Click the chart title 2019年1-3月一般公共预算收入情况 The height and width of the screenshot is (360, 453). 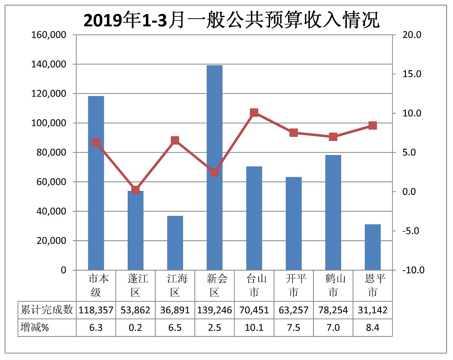[231, 20]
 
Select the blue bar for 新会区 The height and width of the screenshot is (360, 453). [214, 168]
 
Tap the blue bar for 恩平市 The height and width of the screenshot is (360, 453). [372, 247]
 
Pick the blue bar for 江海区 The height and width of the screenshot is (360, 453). [175, 243]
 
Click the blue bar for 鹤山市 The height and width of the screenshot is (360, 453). [333, 213]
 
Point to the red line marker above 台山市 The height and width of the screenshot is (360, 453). [254, 113]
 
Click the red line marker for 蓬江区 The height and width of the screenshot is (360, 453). [135, 190]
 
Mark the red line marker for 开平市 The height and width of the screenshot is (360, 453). [294, 133]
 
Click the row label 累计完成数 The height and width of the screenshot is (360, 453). [47, 310]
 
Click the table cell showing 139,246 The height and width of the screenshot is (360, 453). [214, 310]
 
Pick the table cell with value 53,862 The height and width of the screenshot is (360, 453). [135, 310]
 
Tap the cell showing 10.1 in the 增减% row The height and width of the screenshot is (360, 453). [254, 328]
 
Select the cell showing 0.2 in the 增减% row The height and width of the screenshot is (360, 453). [135, 328]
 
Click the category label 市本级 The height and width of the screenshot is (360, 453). [96, 285]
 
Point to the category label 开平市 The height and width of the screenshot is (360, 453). [294, 285]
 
